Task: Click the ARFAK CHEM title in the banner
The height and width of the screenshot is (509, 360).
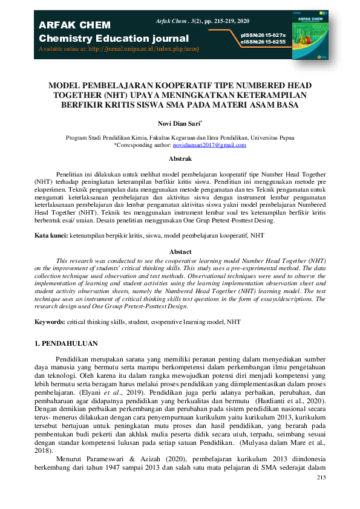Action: click(x=74, y=25)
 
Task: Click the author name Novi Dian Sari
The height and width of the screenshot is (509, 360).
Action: click(x=179, y=123)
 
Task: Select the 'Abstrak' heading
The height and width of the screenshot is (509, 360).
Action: click(x=180, y=159)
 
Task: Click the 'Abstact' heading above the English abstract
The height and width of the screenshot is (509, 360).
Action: click(x=180, y=251)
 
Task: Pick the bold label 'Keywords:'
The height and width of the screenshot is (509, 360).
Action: click(x=50, y=322)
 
